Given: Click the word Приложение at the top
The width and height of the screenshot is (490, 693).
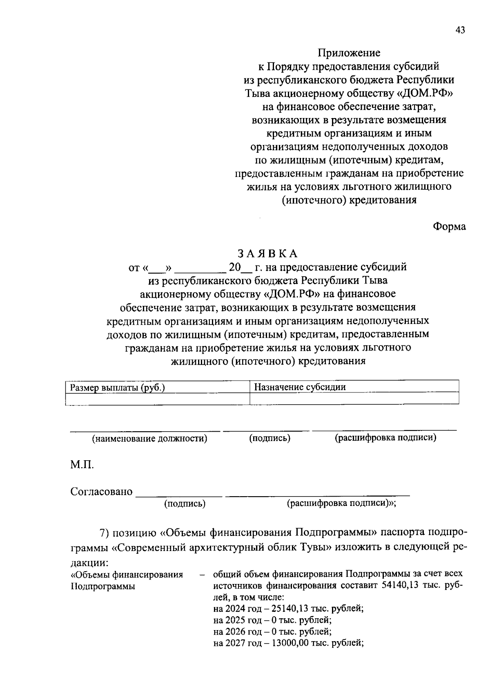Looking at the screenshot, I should point(349,53).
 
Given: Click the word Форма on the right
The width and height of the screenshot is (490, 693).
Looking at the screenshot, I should point(449,226).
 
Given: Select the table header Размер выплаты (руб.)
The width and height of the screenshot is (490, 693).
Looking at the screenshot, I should point(118,388).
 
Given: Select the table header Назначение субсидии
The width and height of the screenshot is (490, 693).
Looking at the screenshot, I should point(300,387).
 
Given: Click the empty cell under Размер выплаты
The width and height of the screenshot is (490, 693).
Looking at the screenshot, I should point(157,399).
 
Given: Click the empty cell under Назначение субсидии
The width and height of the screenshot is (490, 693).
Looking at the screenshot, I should point(354,399).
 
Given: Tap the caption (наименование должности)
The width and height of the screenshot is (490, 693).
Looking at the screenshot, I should point(149,439).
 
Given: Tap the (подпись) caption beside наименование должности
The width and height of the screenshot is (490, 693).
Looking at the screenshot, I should point(270,438).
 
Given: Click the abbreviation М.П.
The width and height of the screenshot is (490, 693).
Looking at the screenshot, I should point(82,465).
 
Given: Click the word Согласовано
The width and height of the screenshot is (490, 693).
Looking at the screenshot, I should point(102,491).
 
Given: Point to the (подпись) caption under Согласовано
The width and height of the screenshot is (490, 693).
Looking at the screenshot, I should point(185,504).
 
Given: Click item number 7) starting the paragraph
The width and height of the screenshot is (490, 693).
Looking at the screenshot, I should point(105,533).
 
